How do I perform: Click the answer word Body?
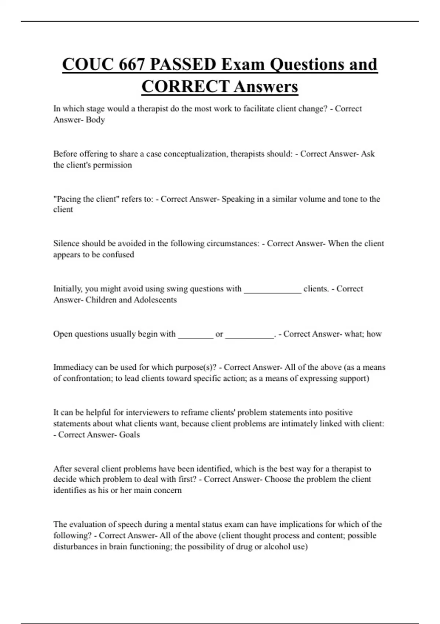(95, 120)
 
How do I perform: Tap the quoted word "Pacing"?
(67, 199)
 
